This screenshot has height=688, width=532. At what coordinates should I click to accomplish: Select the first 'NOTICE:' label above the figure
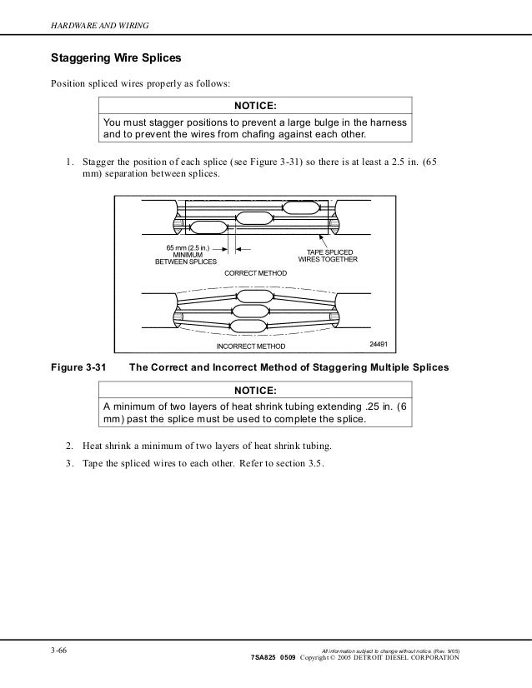coord(255,106)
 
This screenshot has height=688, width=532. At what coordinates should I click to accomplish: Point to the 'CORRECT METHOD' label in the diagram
coord(255,273)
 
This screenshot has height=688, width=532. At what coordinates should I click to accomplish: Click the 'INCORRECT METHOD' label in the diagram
coord(250,346)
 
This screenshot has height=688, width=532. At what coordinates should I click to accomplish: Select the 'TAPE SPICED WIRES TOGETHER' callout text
coord(328,255)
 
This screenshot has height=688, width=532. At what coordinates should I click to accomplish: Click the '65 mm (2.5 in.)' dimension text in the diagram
coord(188,247)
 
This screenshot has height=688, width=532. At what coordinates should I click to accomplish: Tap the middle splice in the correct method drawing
coord(254,217)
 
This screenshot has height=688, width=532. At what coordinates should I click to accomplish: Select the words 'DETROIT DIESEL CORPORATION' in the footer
coord(406,658)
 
